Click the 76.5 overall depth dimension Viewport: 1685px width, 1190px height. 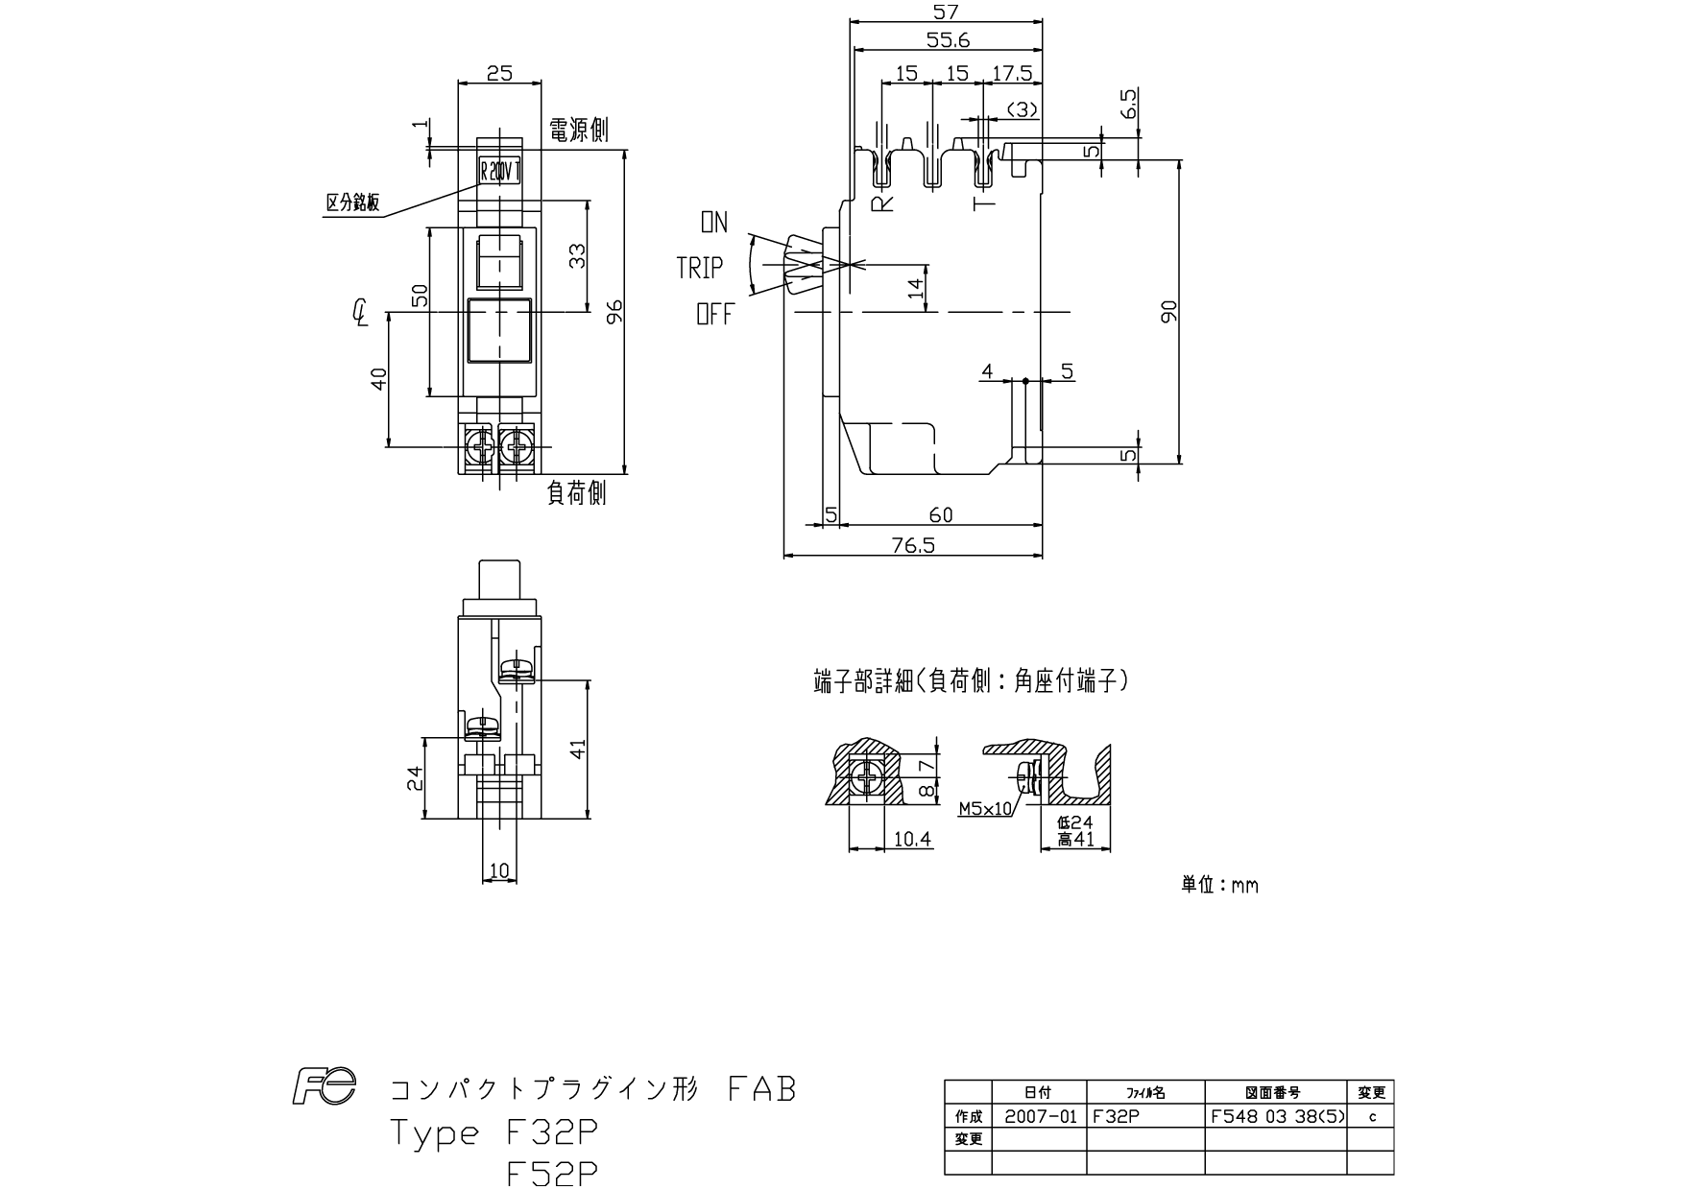[912, 545]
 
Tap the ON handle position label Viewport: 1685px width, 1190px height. [713, 223]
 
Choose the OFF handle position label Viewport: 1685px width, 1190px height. [714, 313]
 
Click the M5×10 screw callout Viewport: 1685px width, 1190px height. [985, 809]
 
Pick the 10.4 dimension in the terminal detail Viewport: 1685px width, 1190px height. [912, 839]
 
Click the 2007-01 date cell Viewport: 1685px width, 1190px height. [1040, 1117]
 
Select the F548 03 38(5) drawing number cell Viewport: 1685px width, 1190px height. [1278, 1117]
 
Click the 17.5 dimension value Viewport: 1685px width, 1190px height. [1012, 73]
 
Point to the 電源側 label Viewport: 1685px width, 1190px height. [578, 131]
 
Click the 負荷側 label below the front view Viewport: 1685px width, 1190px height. [576, 492]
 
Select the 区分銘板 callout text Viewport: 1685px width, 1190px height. [353, 202]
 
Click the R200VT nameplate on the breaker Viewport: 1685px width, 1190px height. [499, 173]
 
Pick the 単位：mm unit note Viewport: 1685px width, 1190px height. [1219, 885]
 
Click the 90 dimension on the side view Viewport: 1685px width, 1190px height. [1167, 311]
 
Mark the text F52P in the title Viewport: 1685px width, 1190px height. [552, 1173]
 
